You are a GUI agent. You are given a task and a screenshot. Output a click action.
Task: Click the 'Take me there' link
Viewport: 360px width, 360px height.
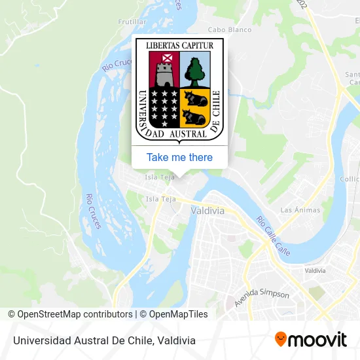click(179, 157)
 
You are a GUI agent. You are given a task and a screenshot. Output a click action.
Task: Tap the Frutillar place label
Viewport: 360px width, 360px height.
click(132, 22)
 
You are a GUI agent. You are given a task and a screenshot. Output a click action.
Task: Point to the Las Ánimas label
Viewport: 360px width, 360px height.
click(300, 209)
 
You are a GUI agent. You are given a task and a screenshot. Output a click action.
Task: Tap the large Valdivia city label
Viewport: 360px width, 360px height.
click(207, 211)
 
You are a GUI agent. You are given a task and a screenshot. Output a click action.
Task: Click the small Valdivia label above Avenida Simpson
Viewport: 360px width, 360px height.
click(315, 270)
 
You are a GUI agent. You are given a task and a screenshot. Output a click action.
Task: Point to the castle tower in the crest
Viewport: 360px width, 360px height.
click(164, 71)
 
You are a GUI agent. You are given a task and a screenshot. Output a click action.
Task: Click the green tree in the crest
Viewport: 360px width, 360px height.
click(194, 71)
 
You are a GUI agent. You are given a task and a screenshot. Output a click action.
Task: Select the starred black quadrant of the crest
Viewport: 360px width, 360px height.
click(164, 107)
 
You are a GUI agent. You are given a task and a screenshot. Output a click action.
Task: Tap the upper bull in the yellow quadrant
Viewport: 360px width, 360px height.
click(196, 99)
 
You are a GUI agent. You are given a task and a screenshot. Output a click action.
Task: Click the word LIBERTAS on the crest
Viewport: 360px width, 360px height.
click(162, 45)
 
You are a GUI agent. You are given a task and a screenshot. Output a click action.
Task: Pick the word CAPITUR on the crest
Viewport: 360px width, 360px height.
click(198, 45)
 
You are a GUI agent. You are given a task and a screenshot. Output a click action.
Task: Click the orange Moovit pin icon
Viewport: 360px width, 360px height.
click(281, 339)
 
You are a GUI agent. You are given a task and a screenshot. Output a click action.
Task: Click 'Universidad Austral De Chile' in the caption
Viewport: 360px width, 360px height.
click(81, 340)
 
